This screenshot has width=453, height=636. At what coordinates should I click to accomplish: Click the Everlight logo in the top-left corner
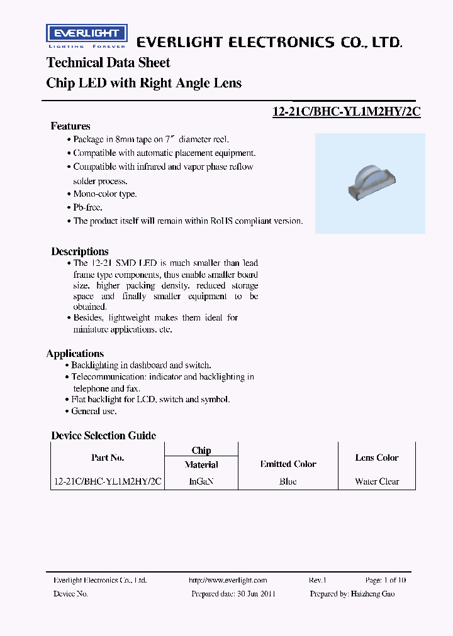pos(87,36)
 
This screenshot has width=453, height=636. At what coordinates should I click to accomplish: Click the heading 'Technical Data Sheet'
pos(108,63)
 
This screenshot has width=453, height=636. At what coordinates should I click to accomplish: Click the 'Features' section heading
pos(70,126)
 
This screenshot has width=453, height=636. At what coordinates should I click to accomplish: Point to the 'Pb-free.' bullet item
pos(87,207)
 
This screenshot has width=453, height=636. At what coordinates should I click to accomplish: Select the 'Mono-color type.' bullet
pos(104,194)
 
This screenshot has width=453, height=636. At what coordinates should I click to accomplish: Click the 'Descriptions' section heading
pos(80,251)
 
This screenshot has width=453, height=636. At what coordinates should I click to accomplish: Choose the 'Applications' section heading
pos(75,354)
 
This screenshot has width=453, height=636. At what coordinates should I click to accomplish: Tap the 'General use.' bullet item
pos(94,411)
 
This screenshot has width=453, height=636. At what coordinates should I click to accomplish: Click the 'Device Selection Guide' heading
pos(104,436)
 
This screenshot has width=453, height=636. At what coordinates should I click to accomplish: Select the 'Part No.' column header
pos(108,458)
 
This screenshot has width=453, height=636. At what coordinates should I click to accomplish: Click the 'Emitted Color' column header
pos(288,464)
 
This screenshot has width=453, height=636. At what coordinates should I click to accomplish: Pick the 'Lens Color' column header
pos(377,458)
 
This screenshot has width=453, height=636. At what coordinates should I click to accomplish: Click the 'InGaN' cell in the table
pos(201,481)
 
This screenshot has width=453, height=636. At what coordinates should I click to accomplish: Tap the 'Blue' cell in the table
pos(288,481)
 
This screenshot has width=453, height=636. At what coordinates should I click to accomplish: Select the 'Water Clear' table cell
pos(377,481)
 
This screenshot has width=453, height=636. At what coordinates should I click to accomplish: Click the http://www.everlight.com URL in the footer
pos(228,580)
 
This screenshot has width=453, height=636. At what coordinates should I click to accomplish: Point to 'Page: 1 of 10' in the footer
pos(386,580)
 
